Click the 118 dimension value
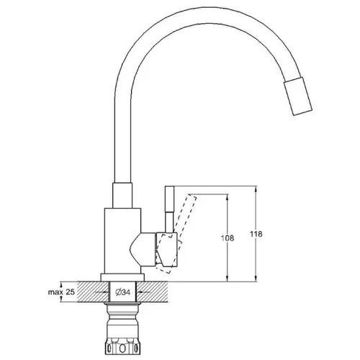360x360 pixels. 256,234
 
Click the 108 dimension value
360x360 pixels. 227,238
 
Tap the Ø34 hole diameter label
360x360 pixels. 123,292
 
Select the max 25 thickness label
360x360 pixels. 61,292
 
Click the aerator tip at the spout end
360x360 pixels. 298,96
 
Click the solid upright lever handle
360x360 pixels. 169,210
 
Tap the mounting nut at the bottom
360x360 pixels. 122,346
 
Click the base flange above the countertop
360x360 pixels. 122,278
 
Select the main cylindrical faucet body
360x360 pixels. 122,241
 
